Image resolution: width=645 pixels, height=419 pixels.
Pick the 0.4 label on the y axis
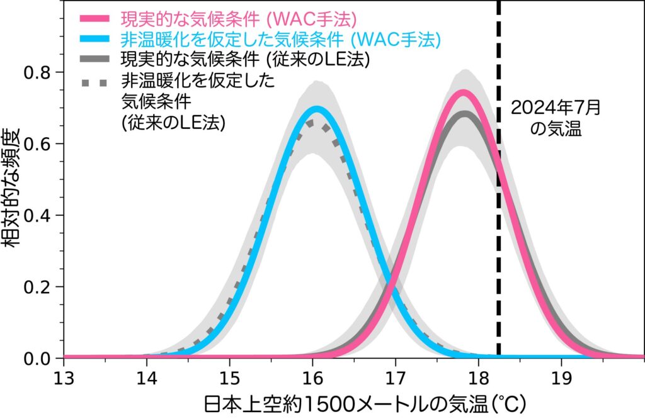click(39, 215)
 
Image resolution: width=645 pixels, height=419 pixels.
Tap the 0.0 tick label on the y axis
click(39, 359)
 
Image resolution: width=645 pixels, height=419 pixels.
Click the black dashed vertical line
click(499, 189)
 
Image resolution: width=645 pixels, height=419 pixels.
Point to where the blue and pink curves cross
click(391, 282)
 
